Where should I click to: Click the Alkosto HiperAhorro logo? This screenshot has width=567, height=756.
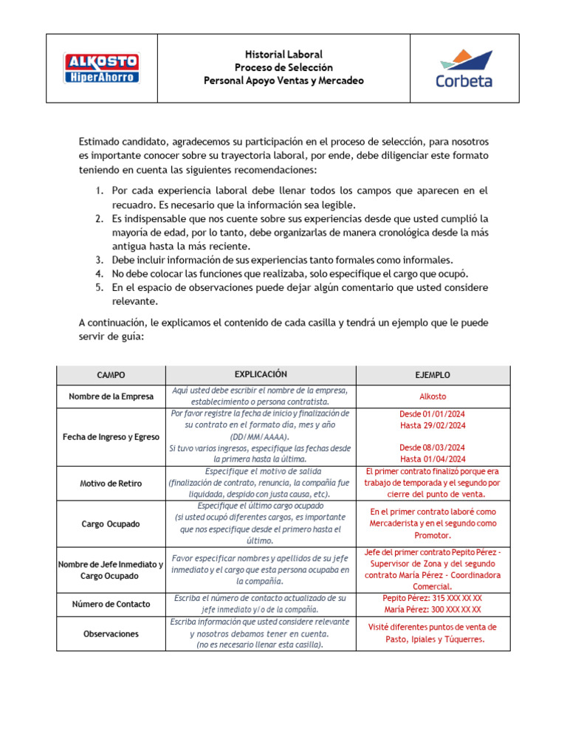[x=102, y=68]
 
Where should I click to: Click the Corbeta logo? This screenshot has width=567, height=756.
[x=464, y=68]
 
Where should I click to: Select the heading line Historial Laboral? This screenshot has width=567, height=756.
[x=283, y=55]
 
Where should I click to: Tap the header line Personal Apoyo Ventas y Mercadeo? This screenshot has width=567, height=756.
[x=283, y=80]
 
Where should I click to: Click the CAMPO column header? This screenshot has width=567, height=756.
[x=111, y=375]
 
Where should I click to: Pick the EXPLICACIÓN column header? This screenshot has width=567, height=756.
[x=261, y=374]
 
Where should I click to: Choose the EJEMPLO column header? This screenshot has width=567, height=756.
[x=433, y=375]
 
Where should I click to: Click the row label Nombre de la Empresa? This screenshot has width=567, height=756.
[x=111, y=396]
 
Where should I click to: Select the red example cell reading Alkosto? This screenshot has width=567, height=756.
[x=433, y=396]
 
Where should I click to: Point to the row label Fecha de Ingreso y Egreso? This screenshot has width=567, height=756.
[x=111, y=437]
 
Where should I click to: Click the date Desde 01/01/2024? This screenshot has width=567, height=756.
[x=433, y=413]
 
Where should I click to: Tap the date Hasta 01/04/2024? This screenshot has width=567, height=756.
[x=433, y=459]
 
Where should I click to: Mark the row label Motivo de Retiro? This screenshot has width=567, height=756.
[x=111, y=484]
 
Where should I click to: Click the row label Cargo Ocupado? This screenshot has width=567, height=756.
[x=111, y=523]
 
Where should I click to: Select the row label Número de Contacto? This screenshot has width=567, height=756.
[x=111, y=604]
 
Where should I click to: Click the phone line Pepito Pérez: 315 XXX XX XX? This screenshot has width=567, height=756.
[x=433, y=598]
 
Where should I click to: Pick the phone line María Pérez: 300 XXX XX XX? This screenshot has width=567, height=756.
[x=433, y=610]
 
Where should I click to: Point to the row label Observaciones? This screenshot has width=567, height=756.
[x=111, y=634]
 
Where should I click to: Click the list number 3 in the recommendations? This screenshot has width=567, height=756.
[x=99, y=260]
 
